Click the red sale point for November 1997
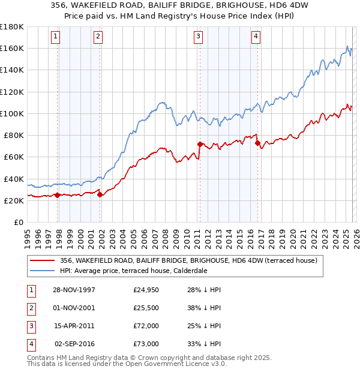58,195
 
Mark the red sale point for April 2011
200,144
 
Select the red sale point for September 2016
257,143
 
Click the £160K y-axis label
12,48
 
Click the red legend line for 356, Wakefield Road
42,261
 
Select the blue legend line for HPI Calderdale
42,271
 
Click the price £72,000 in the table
146,327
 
